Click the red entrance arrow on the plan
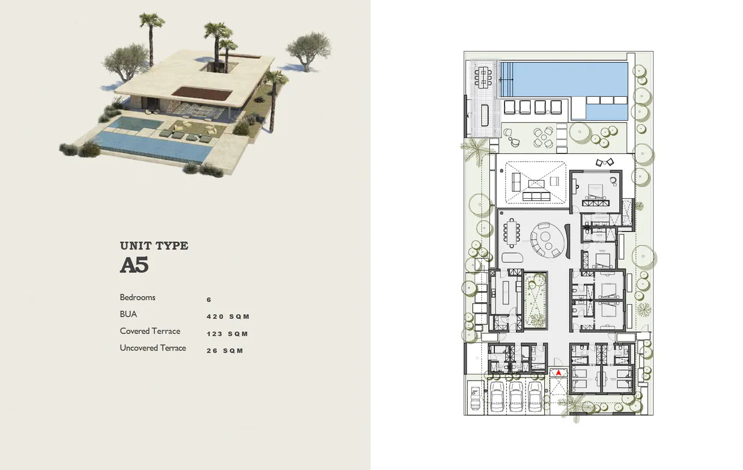click(559, 373)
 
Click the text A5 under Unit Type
click(134, 266)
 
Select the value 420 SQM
click(228, 317)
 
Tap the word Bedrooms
click(138, 297)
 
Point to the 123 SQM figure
click(228, 334)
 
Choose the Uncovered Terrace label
click(153, 348)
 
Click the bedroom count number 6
click(209, 300)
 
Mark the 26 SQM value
click(225, 351)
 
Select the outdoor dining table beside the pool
click(484, 76)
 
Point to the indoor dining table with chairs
click(513, 232)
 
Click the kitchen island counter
click(502, 294)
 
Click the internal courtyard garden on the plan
click(535, 300)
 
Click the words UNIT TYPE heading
click(154, 246)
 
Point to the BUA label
click(129, 314)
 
